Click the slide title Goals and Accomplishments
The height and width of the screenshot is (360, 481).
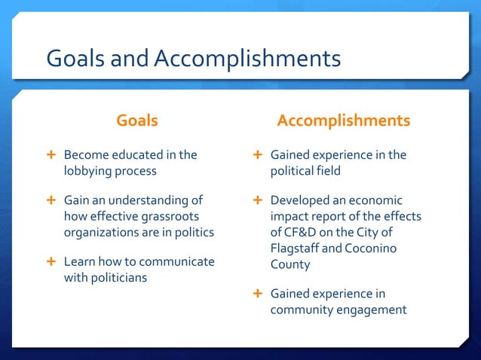pyautogui.click(x=193, y=58)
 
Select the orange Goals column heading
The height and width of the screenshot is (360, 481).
pyautogui.click(x=136, y=121)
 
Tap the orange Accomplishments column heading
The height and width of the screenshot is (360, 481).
pyautogui.click(x=343, y=121)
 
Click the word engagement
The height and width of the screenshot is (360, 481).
pyautogui.click(x=369, y=310)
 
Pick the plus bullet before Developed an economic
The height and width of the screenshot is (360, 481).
pyautogui.click(x=258, y=200)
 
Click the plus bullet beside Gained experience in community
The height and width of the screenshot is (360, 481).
pyautogui.click(x=258, y=293)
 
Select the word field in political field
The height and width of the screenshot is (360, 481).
pyautogui.click(x=327, y=171)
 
